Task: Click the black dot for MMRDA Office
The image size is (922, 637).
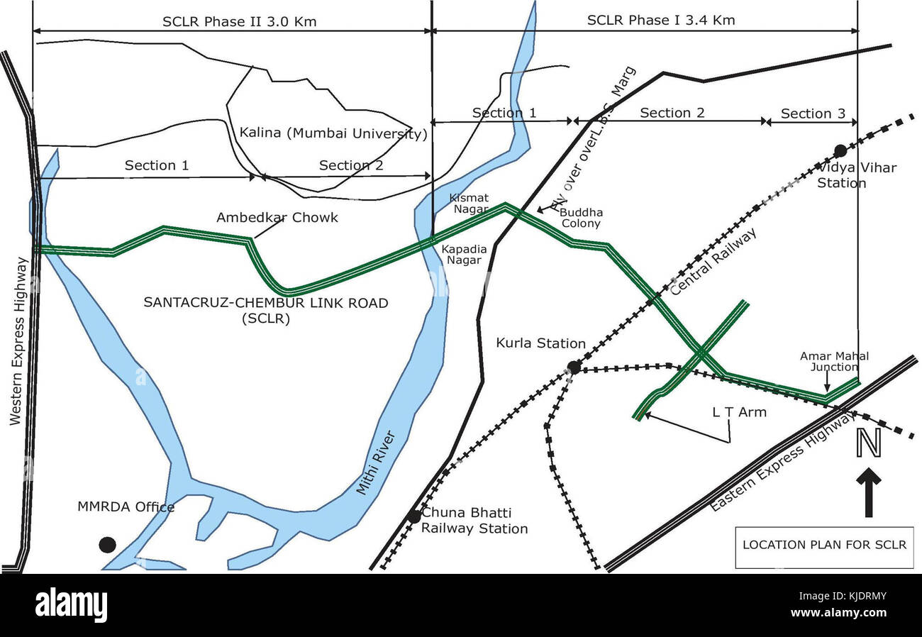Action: (107, 544)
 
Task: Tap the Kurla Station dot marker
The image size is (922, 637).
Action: (574, 367)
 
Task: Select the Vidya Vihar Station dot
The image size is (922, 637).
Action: (840, 150)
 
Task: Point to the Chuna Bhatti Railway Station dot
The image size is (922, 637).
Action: (414, 516)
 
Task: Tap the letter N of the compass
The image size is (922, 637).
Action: (869, 443)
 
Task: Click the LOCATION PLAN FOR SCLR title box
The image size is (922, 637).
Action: (824, 546)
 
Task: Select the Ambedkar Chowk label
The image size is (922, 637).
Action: (277, 217)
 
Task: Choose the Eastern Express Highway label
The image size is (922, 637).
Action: (782, 462)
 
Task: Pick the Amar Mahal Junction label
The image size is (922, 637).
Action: (834, 361)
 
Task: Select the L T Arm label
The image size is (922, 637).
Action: (739, 411)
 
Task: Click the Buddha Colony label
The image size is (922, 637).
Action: (580, 218)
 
